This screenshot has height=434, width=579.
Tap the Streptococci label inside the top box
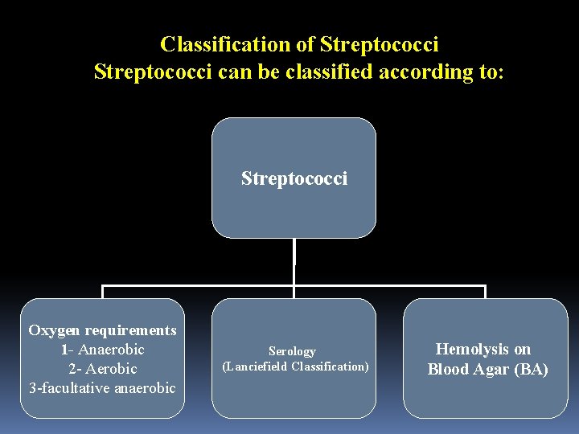[294, 178]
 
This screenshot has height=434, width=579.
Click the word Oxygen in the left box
[55, 330]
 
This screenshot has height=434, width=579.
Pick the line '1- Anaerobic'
[102, 350]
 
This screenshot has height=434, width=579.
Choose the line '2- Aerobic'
[102, 369]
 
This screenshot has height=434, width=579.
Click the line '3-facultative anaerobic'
[102, 388]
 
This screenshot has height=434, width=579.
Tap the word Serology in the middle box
[292, 351]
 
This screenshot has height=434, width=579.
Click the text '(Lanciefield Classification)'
[295, 366]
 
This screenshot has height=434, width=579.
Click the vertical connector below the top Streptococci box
[294, 261]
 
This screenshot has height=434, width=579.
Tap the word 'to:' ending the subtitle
[491, 72]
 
